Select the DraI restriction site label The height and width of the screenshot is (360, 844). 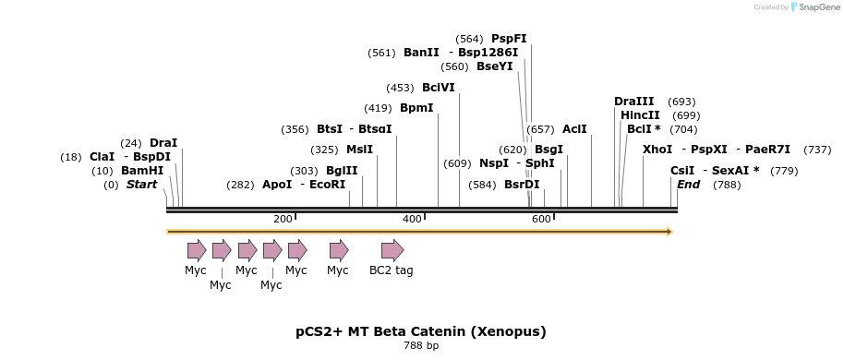click(163, 143)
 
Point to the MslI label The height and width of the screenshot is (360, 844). click(359, 150)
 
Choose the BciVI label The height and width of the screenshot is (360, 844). click(438, 88)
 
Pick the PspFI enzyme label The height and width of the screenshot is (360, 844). click(509, 39)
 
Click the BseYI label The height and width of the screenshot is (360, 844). click(494, 66)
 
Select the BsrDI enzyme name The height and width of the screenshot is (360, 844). click(522, 185)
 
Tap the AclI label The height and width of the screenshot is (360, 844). click(574, 129)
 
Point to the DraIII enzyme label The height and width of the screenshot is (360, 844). click(633, 102)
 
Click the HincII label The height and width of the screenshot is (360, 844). click(640, 115)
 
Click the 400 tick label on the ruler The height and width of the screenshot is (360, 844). click(412, 219)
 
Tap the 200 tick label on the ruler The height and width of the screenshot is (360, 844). click(283, 219)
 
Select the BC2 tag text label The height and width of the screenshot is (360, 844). click(392, 270)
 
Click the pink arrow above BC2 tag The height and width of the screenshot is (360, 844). click(392, 250)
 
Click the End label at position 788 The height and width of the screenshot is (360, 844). click(688, 185)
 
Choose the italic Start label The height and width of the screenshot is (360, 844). click(141, 185)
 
